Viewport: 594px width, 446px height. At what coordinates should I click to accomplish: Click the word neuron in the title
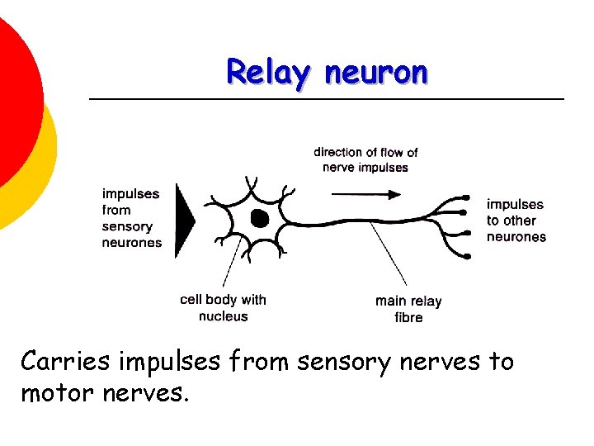(x=377, y=73)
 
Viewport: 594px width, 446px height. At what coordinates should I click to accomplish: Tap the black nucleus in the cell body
(x=259, y=219)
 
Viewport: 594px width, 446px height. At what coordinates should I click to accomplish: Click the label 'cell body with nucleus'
(x=223, y=307)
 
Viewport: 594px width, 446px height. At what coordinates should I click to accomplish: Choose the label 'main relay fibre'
(x=408, y=309)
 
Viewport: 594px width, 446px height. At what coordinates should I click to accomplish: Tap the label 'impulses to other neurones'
(x=516, y=221)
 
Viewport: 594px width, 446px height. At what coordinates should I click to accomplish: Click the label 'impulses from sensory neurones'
(x=131, y=218)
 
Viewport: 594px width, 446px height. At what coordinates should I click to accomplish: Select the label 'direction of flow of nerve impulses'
(x=365, y=159)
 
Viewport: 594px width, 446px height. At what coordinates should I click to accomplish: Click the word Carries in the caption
(x=67, y=362)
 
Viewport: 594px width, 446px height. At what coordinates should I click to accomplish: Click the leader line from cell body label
(x=233, y=263)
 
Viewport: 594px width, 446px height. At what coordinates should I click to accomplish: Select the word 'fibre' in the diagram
(x=408, y=317)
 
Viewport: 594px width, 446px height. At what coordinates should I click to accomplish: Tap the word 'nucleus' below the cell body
(x=223, y=316)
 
